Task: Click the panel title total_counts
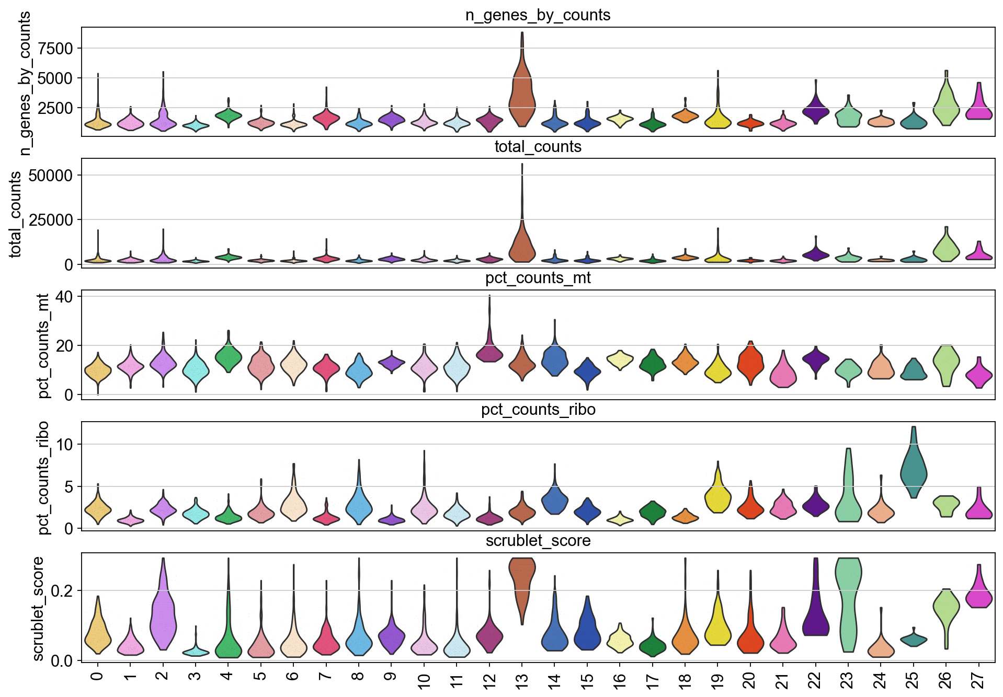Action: click(538, 147)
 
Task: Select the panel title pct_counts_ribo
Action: click(538, 410)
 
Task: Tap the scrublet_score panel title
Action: click(538, 541)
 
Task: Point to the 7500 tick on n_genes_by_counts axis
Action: click(53, 49)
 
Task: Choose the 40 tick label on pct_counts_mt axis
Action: click(68, 296)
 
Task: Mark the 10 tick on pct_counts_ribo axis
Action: click(65, 445)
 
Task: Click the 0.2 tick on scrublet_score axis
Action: click(62, 591)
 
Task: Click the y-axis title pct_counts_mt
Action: click(43, 346)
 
